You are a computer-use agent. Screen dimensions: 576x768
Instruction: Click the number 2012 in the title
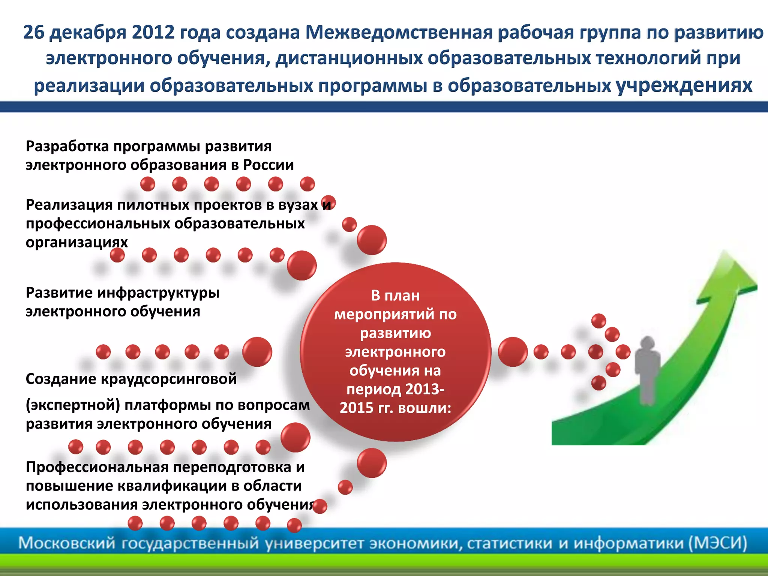(x=153, y=32)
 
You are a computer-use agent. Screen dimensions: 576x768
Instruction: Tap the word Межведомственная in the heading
(x=398, y=32)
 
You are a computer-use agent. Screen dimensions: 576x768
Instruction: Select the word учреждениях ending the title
(x=684, y=85)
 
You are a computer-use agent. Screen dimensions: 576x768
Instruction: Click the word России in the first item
(x=268, y=165)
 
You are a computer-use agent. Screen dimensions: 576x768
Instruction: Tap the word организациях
(x=76, y=242)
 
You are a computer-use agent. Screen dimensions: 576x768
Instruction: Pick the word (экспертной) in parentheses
(x=73, y=405)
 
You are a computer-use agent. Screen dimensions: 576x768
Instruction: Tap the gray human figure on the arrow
(x=647, y=369)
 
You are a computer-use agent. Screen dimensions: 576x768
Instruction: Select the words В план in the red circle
(x=395, y=295)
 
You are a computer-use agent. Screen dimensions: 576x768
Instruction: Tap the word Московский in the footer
(x=66, y=543)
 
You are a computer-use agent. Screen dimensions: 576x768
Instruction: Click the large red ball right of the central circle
(x=513, y=352)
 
